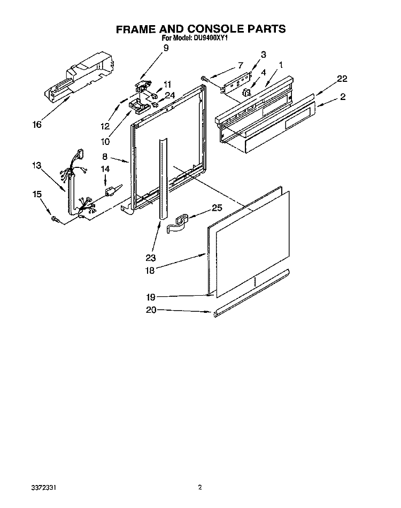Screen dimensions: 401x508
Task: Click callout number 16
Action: tap(37, 125)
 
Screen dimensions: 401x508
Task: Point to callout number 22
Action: tap(342, 79)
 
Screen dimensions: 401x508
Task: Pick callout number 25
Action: tap(217, 207)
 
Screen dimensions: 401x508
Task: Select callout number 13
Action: tap(37, 165)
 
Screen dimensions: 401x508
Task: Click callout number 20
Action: tap(151, 310)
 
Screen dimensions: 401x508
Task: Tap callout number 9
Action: tap(166, 48)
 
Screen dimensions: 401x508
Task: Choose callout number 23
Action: tap(151, 258)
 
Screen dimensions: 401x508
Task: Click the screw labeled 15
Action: tap(55, 220)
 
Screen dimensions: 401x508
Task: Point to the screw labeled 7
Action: tap(204, 78)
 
